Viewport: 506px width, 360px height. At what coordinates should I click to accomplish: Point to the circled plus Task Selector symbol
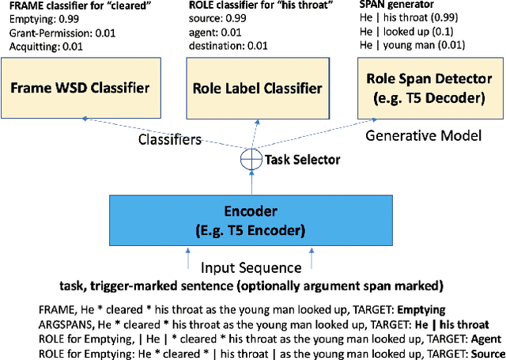251,158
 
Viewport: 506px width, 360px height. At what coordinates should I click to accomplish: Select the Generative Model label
423,136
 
